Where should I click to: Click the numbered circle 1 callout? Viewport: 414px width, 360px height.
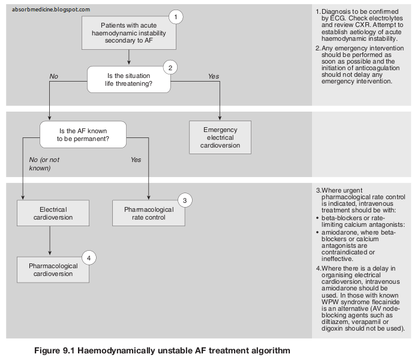(x=175, y=17)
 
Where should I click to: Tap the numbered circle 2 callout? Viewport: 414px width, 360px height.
(x=170, y=67)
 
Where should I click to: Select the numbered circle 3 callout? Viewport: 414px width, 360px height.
(x=185, y=200)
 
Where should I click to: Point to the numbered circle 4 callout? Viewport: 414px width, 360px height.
(x=89, y=258)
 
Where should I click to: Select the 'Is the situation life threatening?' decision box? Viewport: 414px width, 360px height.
(x=129, y=80)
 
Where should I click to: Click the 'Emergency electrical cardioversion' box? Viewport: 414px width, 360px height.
(x=220, y=137)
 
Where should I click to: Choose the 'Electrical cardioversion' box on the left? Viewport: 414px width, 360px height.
(x=53, y=214)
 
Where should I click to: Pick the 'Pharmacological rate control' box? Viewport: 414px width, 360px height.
(x=149, y=214)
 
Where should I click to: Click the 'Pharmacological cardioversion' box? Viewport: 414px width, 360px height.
(x=53, y=269)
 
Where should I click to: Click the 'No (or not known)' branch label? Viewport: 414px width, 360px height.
(x=44, y=164)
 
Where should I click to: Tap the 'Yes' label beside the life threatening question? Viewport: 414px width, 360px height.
(x=213, y=76)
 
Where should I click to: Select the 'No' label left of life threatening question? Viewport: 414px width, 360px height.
(x=54, y=76)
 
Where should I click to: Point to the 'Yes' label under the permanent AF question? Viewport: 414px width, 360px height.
(x=136, y=160)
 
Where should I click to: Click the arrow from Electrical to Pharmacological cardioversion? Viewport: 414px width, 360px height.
(x=50, y=241)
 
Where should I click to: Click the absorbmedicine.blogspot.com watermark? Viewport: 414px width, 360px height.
(x=51, y=9)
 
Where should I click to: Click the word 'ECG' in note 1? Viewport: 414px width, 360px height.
(x=337, y=19)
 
